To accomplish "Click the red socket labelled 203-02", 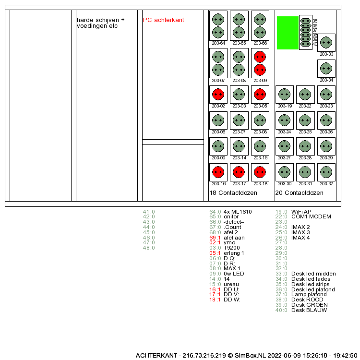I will [218, 94].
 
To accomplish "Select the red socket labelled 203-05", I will [260, 94].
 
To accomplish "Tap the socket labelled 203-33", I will [326, 42].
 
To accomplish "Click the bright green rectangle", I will [288, 33].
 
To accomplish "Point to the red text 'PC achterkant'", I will [163, 20].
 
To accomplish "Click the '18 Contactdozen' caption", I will [233, 193].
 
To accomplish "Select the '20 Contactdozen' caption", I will [299, 193].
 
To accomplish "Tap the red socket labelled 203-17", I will [239, 172].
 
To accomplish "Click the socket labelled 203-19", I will [285, 94].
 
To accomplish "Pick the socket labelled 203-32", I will [326, 172].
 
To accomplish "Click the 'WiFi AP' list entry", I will [301, 212].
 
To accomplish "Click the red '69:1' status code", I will [215, 238].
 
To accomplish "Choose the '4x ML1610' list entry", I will [238, 212].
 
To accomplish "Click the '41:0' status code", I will [149, 212].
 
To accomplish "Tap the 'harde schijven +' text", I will [100, 20].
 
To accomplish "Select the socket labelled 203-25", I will [305, 120].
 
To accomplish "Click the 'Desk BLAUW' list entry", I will [309, 311].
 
